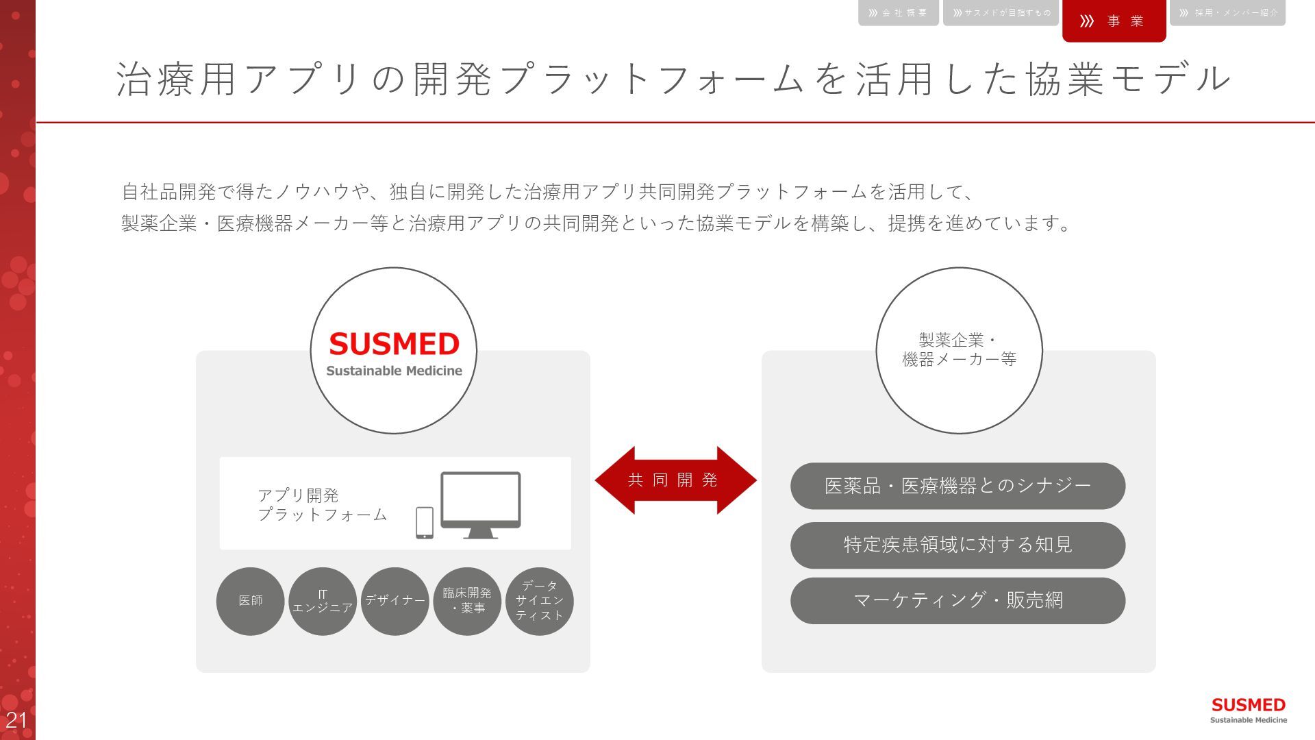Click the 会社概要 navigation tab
coord(898,13)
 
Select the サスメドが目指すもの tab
coord(1001,13)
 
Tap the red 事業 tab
coord(1114,21)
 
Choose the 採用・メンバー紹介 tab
coord(1227,13)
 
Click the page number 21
coord(16,720)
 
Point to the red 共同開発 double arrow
coord(675,480)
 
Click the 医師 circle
coord(251,601)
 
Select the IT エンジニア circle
coord(323,601)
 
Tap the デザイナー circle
coord(395,601)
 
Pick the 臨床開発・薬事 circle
coord(467,601)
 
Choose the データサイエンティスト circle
coord(540,601)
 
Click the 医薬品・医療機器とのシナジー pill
coord(957,486)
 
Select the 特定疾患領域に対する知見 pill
coord(957,545)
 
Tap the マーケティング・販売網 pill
coord(957,601)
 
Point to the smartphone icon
coord(425,523)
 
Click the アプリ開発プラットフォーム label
coord(322,505)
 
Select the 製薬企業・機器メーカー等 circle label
coord(959,350)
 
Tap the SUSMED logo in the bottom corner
coord(1248,709)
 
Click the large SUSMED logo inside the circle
coord(394,351)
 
